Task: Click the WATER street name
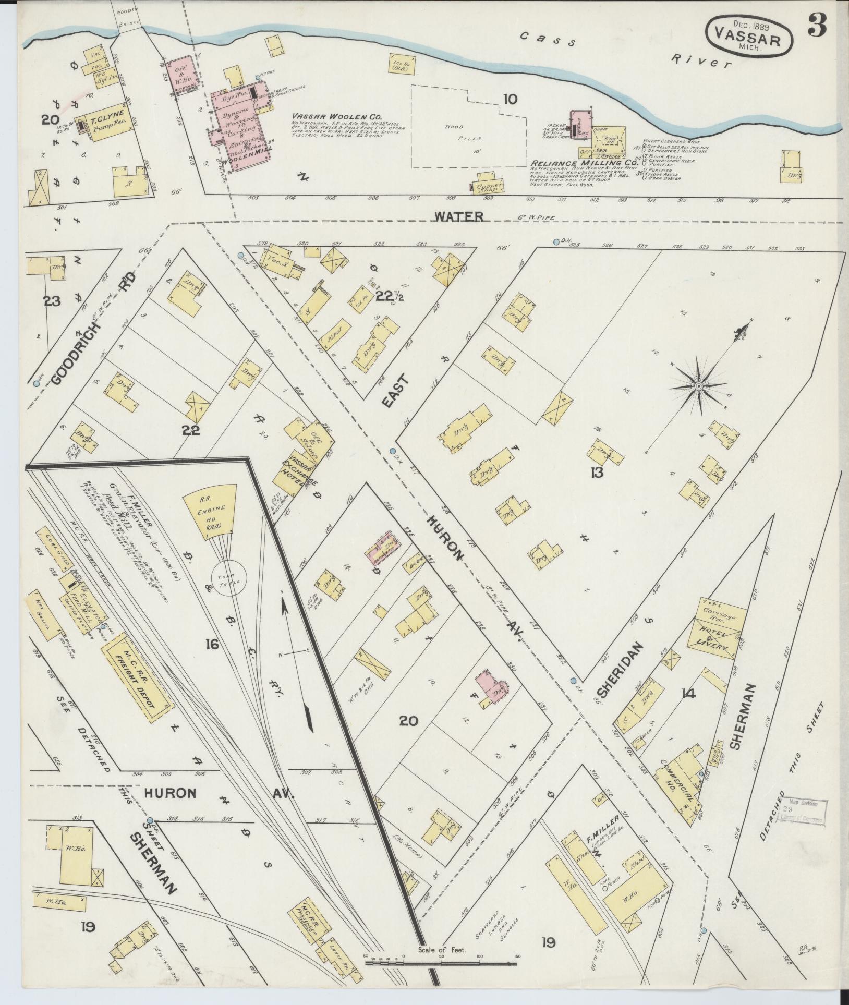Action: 459,216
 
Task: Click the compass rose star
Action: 698,385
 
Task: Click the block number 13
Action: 597,473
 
